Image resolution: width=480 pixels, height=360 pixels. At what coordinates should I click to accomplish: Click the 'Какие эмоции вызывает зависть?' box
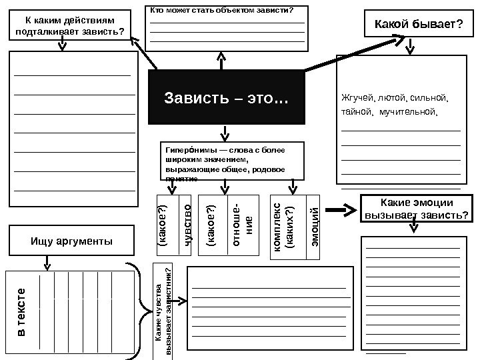point(415,209)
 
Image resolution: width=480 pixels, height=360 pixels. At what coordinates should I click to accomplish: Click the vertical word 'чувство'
point(187,225)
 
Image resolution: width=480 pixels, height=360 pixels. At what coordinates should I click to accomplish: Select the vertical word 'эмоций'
point(316,225)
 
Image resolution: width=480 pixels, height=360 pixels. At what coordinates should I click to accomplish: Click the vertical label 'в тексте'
point(21,312)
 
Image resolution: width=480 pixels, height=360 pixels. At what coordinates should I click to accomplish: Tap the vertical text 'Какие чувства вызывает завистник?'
point(163,312)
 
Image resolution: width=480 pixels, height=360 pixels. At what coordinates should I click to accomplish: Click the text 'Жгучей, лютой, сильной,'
point(395,99)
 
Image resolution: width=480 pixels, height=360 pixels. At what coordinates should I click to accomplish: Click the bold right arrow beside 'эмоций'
point(343,211)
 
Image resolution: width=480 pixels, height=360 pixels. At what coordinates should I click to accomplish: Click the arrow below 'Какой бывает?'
point(413,46)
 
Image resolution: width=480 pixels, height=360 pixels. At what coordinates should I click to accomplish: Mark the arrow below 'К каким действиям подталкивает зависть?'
point(62,43)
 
